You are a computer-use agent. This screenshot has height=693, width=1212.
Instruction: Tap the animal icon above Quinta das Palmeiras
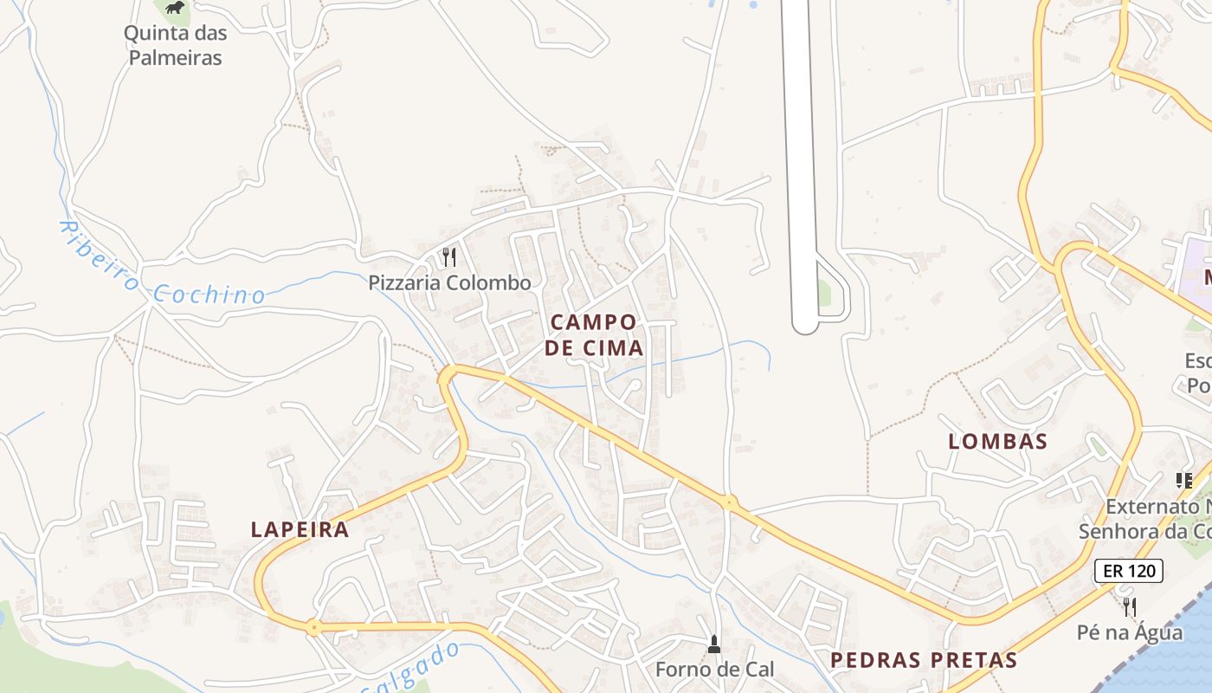coord(175,8)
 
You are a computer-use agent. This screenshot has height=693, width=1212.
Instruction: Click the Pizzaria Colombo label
coord(449,282)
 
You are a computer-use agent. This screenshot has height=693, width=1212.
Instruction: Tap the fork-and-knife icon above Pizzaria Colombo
coord(448,257)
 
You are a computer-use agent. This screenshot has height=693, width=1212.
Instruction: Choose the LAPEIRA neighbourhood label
coord(300,529)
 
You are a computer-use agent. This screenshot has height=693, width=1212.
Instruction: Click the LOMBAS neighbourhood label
coord(998,441)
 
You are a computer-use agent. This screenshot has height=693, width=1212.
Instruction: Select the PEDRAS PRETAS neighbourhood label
coord(924,660)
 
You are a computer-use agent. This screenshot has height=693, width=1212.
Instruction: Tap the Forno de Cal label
coord(714,669)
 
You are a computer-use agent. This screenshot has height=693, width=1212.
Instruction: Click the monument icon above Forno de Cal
coord(713,644)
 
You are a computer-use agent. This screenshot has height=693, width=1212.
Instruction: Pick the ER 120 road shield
coord(1129,571)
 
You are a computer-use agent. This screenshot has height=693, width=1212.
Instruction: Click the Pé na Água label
coord(1129,632)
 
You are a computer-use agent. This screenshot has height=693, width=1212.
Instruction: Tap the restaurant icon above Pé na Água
coord(1129,606)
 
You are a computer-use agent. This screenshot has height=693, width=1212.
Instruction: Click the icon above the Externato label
coord(1183,480)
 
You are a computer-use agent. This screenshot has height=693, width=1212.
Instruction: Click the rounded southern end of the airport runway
coord(805,325)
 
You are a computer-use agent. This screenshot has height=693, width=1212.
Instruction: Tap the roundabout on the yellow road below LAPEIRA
coord(313,627)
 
